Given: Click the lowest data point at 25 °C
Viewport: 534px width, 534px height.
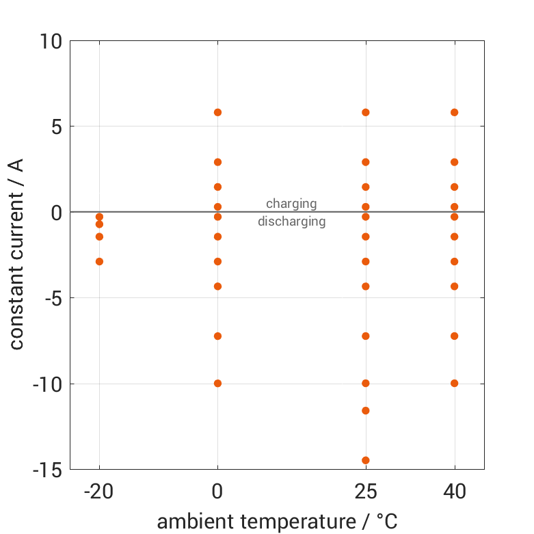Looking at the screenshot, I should coord(366,460).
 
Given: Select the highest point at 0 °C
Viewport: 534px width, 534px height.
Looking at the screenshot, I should coord(218,112).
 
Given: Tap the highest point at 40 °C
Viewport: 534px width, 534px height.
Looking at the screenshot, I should coord(454,112).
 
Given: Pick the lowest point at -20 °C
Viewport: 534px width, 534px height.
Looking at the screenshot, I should coord(99,261).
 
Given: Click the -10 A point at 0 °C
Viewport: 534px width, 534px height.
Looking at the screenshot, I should coord(218,383).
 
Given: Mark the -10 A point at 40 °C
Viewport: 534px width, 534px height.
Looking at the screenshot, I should coord(454,383).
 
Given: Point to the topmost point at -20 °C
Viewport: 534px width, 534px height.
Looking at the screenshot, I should coord(99,217).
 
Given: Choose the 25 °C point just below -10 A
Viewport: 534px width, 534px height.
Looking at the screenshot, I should coord(366,410).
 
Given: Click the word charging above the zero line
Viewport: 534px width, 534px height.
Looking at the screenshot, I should coord(291,204).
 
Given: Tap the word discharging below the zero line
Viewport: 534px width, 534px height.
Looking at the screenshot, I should coord(291,222).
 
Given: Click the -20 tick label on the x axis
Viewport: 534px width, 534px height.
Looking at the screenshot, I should coord(99,492).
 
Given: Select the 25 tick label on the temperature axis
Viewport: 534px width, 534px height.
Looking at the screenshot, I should coord(366,492).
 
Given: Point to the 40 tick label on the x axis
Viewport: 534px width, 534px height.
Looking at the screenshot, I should coord(454,492).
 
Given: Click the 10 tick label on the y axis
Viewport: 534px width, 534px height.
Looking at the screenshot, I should coord(51,42).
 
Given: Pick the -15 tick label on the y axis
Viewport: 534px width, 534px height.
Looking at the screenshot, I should coord(47,470).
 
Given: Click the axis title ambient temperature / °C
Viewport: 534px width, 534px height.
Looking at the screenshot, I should coord(277,522).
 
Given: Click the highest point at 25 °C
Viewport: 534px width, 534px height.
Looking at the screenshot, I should coord(366,112).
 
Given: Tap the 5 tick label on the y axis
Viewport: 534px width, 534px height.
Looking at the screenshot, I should coord(56,126).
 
